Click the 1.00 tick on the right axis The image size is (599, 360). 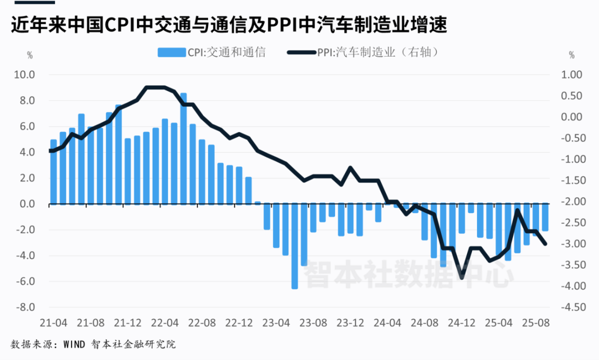tap(571, 75)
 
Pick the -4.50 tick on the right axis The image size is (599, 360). tap(571, 307)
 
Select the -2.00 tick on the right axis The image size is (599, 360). tap(571, 202)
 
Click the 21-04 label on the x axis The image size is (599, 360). tap(53, 322)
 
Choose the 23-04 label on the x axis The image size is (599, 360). tap(276, 322)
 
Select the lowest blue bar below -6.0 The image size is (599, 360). tap(295, 246)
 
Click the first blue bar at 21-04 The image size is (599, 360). tap(53, 172)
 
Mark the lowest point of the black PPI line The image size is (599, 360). tap(462, 277)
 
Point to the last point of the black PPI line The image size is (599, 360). tap(545, 244)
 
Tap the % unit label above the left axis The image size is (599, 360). tap(30, 55)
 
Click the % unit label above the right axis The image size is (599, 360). tap(572, 55)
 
